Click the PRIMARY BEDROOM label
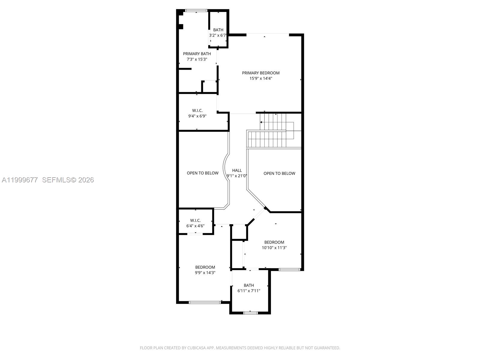[261, 73]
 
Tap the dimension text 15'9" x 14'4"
[261, 78]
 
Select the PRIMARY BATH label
[197, 54]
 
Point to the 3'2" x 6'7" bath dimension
[218, 35]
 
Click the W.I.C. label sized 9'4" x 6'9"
[197, 110]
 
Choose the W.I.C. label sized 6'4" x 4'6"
[195, 220]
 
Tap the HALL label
[237, 170]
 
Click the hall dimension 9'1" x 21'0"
[237, 176]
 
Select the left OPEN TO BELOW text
[202, 173]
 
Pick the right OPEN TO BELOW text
[279, 173]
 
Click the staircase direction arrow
[261, 122]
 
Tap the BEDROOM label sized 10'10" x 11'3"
[274, 242]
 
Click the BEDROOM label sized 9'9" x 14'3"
[205, 267]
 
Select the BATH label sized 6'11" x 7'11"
[249, 285]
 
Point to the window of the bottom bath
[250, 313]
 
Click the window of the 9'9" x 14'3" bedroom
[205, 302]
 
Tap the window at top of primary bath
[196, 10]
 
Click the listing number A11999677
[20, 180]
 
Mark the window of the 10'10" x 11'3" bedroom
[289, 269]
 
